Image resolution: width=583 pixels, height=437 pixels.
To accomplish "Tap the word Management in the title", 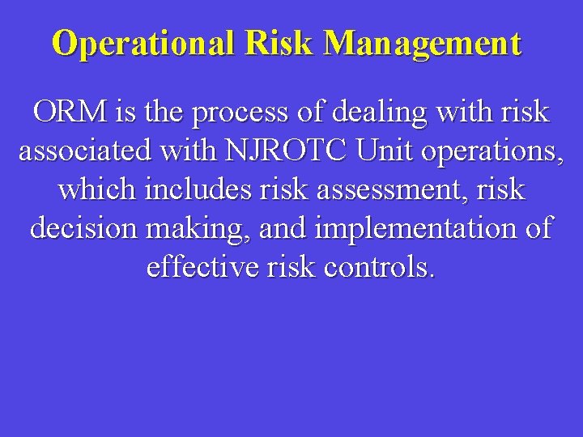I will (423, 43).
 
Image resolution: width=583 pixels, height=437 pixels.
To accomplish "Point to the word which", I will (96, 190).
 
